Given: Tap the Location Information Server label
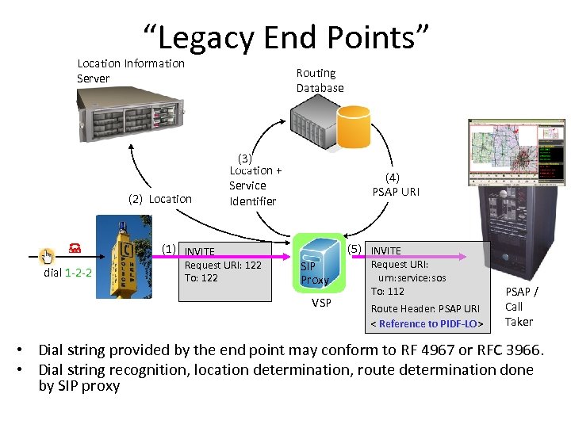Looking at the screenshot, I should tap(130, 71).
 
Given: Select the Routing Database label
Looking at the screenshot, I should tap(320, 80).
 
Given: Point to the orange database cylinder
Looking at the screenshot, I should tap(354, 127).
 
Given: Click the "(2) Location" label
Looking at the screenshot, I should tap(159, 199).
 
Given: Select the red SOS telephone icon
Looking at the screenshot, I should tap(75, 250).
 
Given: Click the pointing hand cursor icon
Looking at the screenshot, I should tap(48, 255).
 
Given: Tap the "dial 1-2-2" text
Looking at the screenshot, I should tap(67, 273).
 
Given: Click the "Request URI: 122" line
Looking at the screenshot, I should tap(222, 265).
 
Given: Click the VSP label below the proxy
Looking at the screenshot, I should tap(321, 303).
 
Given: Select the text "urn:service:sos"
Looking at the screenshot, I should tap(412, 278).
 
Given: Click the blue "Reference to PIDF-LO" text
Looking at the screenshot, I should tap(429, 323).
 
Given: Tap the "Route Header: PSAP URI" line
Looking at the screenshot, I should tap(425, 308).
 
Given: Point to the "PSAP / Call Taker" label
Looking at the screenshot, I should tap(520, 307).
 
